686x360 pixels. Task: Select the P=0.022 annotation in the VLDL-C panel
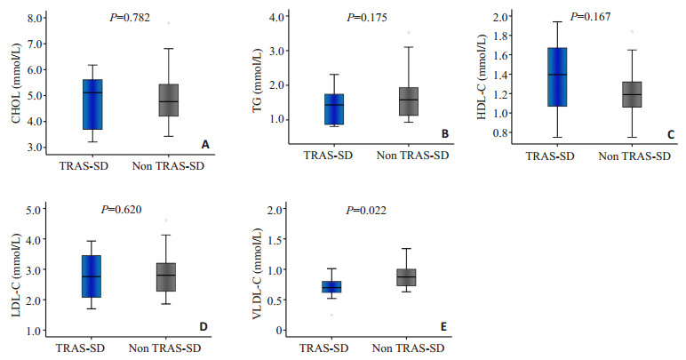point(366,211)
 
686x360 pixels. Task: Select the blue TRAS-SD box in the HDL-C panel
point(557,77)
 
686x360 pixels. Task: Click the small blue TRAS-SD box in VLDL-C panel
point(331,286)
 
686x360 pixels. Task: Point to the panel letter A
point(205,144)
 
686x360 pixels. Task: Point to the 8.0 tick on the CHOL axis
point(37,18)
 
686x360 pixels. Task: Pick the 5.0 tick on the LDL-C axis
point(37,210)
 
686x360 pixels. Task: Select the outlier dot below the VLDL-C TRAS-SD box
point(331,315)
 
